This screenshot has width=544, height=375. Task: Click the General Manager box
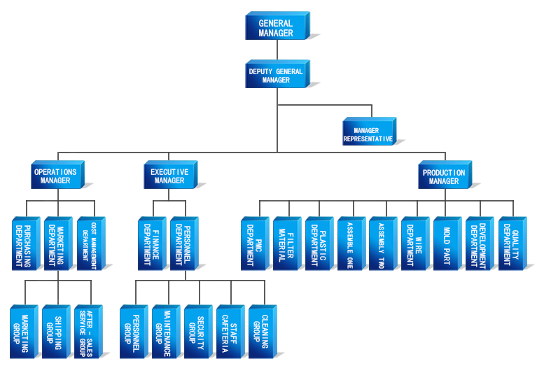[277, 26]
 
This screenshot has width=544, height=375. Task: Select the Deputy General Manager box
[277, 74]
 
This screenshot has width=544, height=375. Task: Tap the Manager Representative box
[369, 131]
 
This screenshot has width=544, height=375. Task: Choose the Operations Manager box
[57, 174]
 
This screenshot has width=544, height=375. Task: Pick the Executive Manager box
[171, 174]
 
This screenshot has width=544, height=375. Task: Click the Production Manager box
[445, 174]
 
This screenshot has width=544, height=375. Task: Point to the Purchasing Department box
[26, 243]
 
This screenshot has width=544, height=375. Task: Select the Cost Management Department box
[91, 243]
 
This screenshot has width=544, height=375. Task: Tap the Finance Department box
[153, 243]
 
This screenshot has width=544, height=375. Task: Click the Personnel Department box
[184, 243]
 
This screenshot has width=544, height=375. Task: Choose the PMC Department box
[255, 243]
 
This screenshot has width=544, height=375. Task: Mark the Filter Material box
[287, 243]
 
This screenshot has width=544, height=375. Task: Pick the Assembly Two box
[384, 243]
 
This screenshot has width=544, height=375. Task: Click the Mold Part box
[447, 243]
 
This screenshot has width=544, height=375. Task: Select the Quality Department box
[512, 243]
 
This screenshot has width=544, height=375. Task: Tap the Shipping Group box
[56, 332]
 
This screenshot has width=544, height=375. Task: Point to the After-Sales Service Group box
[88, 332]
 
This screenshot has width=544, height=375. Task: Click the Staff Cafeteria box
[231, 332]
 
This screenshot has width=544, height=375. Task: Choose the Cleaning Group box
[263, 332]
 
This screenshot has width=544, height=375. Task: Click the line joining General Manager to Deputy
[277, 50]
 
